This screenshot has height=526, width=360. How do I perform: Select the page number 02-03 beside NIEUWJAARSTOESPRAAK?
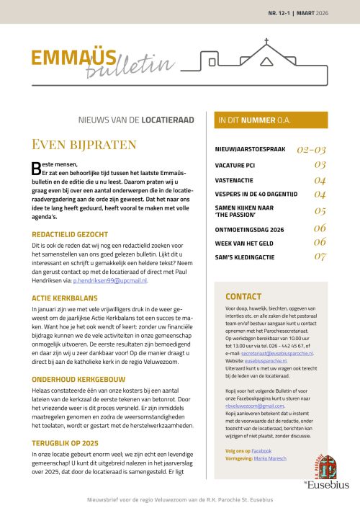tap(312, 150)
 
